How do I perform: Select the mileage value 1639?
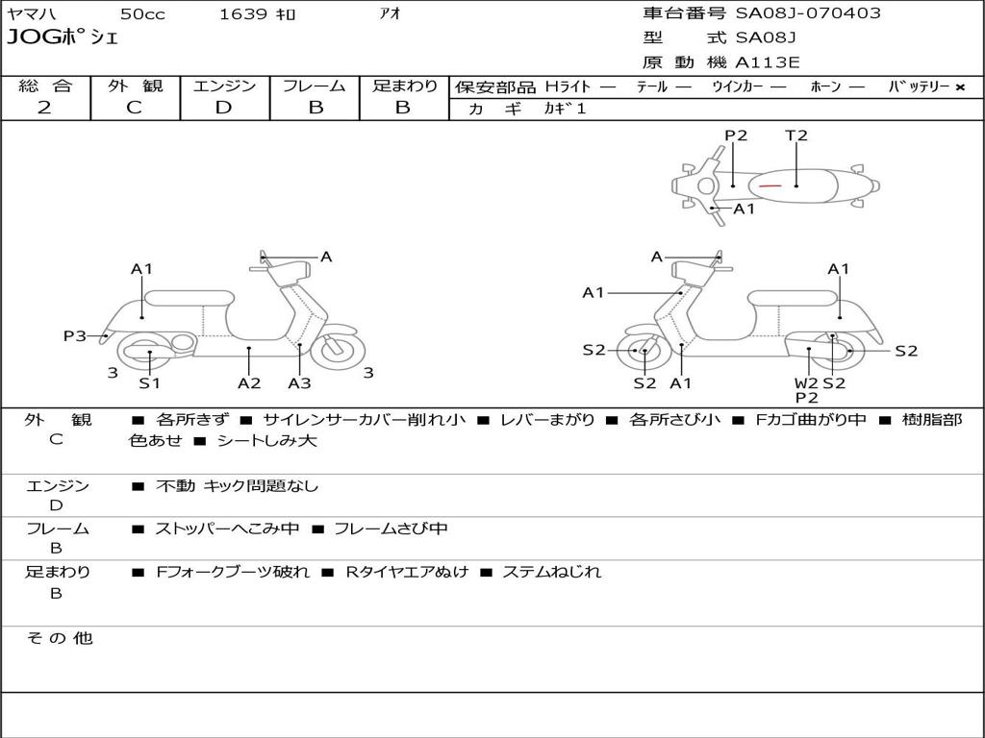click(x=243, y=14)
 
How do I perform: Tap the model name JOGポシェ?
click(x=63, y=38)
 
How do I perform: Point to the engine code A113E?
click(x=767, y=63)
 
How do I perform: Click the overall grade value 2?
click(x=44, y=108)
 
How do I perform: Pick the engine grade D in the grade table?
click(x=223, y=108)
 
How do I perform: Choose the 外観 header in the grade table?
click(x=135, y=86)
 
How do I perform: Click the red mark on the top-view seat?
click(x=770, y=184)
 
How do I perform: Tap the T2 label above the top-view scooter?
click(x=796, y=135)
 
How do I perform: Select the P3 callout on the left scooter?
click(x=75, y=335)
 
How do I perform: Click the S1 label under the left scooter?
click(x=149, y=383)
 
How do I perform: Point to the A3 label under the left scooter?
click(x=299, y=383)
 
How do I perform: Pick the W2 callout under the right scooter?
click(x=806, y=382)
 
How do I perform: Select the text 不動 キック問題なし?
click(x=237, y=486)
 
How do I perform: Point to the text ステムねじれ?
click(x=551, y=572)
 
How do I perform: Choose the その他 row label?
click(x=60, y=638)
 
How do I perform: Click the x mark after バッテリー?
click(x=959, y=86)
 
